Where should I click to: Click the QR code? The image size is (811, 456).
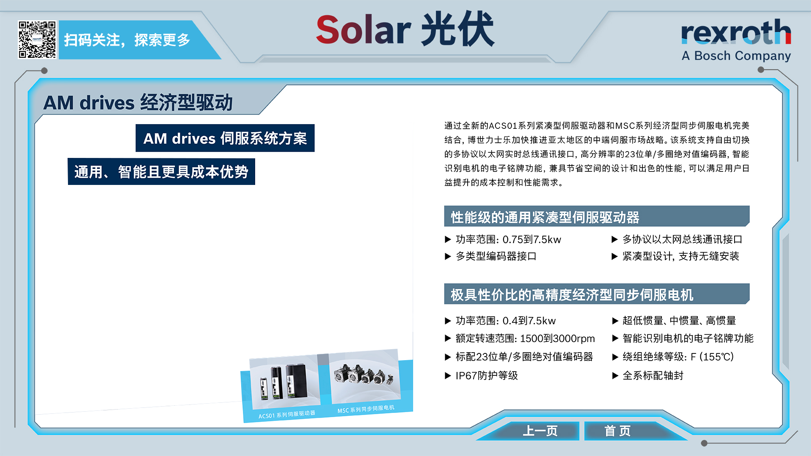tap(37, 40)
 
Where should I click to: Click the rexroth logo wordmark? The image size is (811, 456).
tap(736, 32)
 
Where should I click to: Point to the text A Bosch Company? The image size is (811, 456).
tap(736, 56)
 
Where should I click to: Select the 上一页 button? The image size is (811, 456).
tap(540, 431)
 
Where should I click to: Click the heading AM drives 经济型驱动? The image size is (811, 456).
tap(138, 103)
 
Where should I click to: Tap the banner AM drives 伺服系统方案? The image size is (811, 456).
tap(225, 138)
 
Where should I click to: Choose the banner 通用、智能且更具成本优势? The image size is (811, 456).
tap(161, 172)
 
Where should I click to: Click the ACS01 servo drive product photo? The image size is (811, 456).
tap(284, 382)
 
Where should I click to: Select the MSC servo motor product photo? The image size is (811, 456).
tap(365, 376)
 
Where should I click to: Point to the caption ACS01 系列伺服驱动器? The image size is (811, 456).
tap(287, 414)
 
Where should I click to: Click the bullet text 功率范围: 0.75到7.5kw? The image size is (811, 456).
tap(508, 240)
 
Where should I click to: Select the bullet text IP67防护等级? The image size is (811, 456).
tap(487, 376)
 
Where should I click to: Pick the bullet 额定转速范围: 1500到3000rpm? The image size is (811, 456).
tap(525, 339)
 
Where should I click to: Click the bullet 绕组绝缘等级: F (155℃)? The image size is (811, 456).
tap(678, 357)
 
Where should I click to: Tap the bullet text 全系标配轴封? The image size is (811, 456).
tap(653, 376)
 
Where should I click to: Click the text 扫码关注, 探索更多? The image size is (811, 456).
tap(127, 40)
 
